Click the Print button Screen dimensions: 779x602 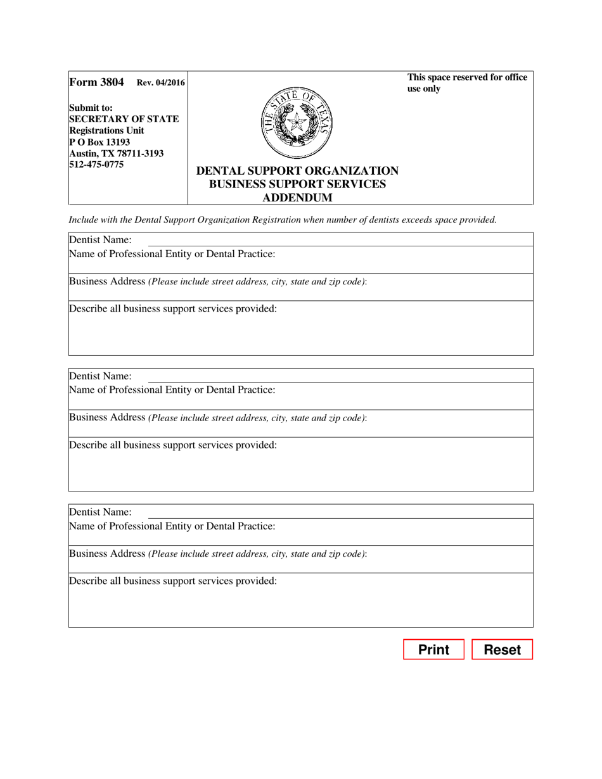[434, 650]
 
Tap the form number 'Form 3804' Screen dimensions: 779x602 [97, 82]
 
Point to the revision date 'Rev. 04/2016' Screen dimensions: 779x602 [161, 82]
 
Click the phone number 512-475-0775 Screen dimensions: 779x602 [96, 165]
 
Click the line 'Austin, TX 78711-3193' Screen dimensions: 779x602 [116, 154]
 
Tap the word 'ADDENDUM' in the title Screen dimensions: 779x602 [298, 198]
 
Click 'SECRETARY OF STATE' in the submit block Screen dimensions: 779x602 [124, 119]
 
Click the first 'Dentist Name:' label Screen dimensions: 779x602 [100, 239]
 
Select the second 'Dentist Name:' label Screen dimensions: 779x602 [100, 376]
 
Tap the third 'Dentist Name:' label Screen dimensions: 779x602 [100, 512]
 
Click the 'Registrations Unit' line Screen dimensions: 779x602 [106, 130]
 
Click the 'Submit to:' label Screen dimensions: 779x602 [91, 108]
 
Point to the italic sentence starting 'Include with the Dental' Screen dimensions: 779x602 [282, 220]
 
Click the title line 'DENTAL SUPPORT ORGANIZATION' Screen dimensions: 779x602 [298, 171]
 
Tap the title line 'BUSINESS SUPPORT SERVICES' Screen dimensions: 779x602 [298, 184]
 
